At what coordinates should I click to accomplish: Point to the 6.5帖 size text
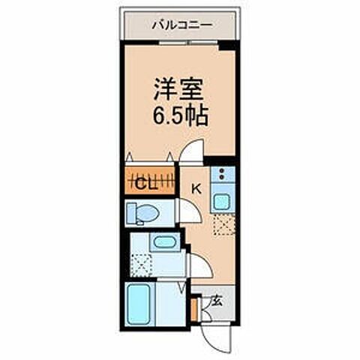(180, 118)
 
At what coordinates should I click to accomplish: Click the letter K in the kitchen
(197, 188)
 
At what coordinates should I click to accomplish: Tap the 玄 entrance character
(217, 301)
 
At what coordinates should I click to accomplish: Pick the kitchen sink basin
(222, 201)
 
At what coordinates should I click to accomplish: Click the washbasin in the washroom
(162, 242)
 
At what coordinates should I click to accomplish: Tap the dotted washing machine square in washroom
(141, 264)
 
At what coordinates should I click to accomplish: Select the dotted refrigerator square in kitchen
(223, 224)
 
